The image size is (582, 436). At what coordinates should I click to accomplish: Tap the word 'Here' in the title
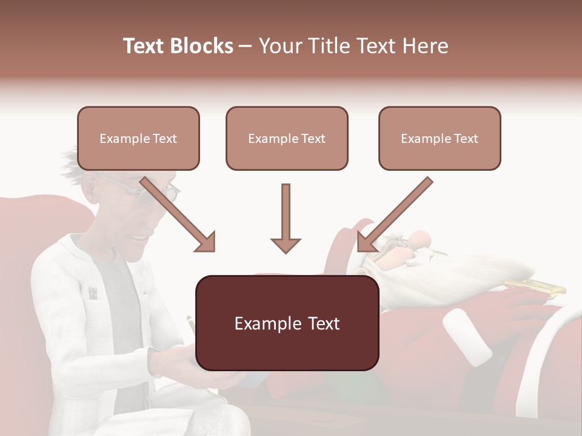[x=424, y=46]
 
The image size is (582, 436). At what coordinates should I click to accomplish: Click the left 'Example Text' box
[x=138, y=138]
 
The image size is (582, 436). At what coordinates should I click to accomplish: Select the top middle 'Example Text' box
[x=287, y=138]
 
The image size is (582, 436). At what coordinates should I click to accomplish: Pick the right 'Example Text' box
[x=440, y=138]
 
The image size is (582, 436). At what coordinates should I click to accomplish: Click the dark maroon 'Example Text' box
[x=287, y=323]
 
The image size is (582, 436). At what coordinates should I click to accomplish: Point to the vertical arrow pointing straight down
[x=286, y=218]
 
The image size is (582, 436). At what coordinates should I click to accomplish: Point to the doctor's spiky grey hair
[x=76, y=160]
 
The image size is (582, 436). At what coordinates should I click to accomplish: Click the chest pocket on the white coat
[x=93, y=294]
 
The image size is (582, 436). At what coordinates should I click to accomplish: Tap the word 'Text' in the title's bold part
[x=144, y=46]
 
